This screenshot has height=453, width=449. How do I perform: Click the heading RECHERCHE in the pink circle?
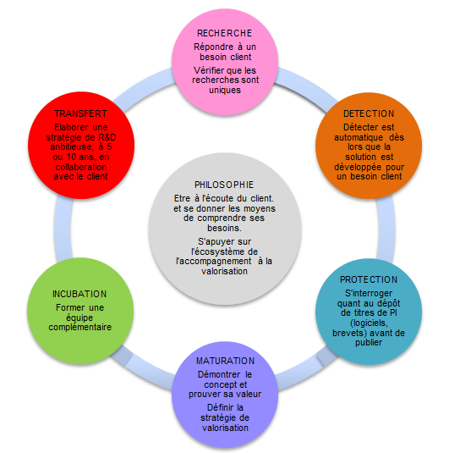225,33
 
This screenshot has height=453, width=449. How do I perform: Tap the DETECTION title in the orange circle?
369,113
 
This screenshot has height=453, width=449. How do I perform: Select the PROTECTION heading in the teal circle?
369,279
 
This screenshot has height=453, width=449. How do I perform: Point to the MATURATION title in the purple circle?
225,361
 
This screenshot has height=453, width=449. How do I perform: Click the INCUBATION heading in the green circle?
79,294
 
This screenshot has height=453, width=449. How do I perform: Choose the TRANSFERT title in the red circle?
81,113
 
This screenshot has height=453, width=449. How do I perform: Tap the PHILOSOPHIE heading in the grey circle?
224,185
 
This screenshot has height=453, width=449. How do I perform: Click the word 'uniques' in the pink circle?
225,90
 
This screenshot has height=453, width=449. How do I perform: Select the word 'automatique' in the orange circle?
359,137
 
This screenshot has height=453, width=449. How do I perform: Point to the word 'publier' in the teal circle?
369,343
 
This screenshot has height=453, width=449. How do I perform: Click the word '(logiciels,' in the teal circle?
369,323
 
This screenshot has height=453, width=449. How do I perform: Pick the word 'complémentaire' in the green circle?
80,328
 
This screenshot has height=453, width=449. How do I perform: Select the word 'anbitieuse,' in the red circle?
72,147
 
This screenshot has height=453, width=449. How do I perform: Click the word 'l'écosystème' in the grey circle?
216,251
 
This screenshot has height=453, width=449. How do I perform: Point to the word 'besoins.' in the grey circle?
225,229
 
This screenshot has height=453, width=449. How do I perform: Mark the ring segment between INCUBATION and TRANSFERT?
63,229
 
